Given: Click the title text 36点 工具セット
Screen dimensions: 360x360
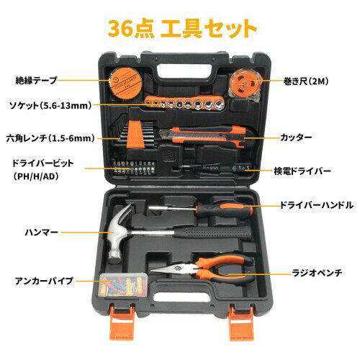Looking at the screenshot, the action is (x=182, y=28).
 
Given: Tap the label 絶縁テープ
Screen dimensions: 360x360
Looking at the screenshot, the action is (x=36, y=80).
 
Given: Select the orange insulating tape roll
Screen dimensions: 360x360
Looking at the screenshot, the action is (x=126, y=83).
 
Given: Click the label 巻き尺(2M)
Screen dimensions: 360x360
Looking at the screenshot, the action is (x=306, y=81).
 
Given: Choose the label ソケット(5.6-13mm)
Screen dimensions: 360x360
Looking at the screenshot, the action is (x=50, y=105).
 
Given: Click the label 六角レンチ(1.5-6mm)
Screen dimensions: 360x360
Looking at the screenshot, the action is (x=50, y=138).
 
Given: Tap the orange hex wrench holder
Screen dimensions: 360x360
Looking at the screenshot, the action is (x=136, y=135).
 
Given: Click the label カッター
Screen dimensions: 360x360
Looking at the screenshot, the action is (x=296, y=138).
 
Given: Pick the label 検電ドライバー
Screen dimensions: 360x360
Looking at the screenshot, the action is (x=302, y=171).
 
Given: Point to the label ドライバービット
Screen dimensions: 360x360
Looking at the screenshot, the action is (x=43, y=163).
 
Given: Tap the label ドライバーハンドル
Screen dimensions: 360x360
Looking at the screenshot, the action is (x=317, y=205).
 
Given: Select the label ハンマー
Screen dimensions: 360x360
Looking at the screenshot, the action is (x=42, y=232).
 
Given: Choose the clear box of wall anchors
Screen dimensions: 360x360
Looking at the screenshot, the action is (x=123, y=285).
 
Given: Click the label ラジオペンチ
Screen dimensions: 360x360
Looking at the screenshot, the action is (x=317, y=273).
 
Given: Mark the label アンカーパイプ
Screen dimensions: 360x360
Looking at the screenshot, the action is (x=44, y=281).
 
